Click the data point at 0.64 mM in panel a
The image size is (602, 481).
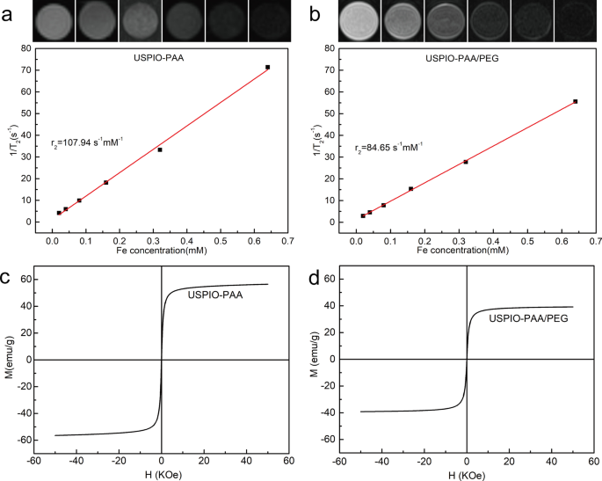(x=267, y=68)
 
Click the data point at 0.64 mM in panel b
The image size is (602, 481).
(x=575, y=102)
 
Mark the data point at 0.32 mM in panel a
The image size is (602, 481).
(x=160, y=149)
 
